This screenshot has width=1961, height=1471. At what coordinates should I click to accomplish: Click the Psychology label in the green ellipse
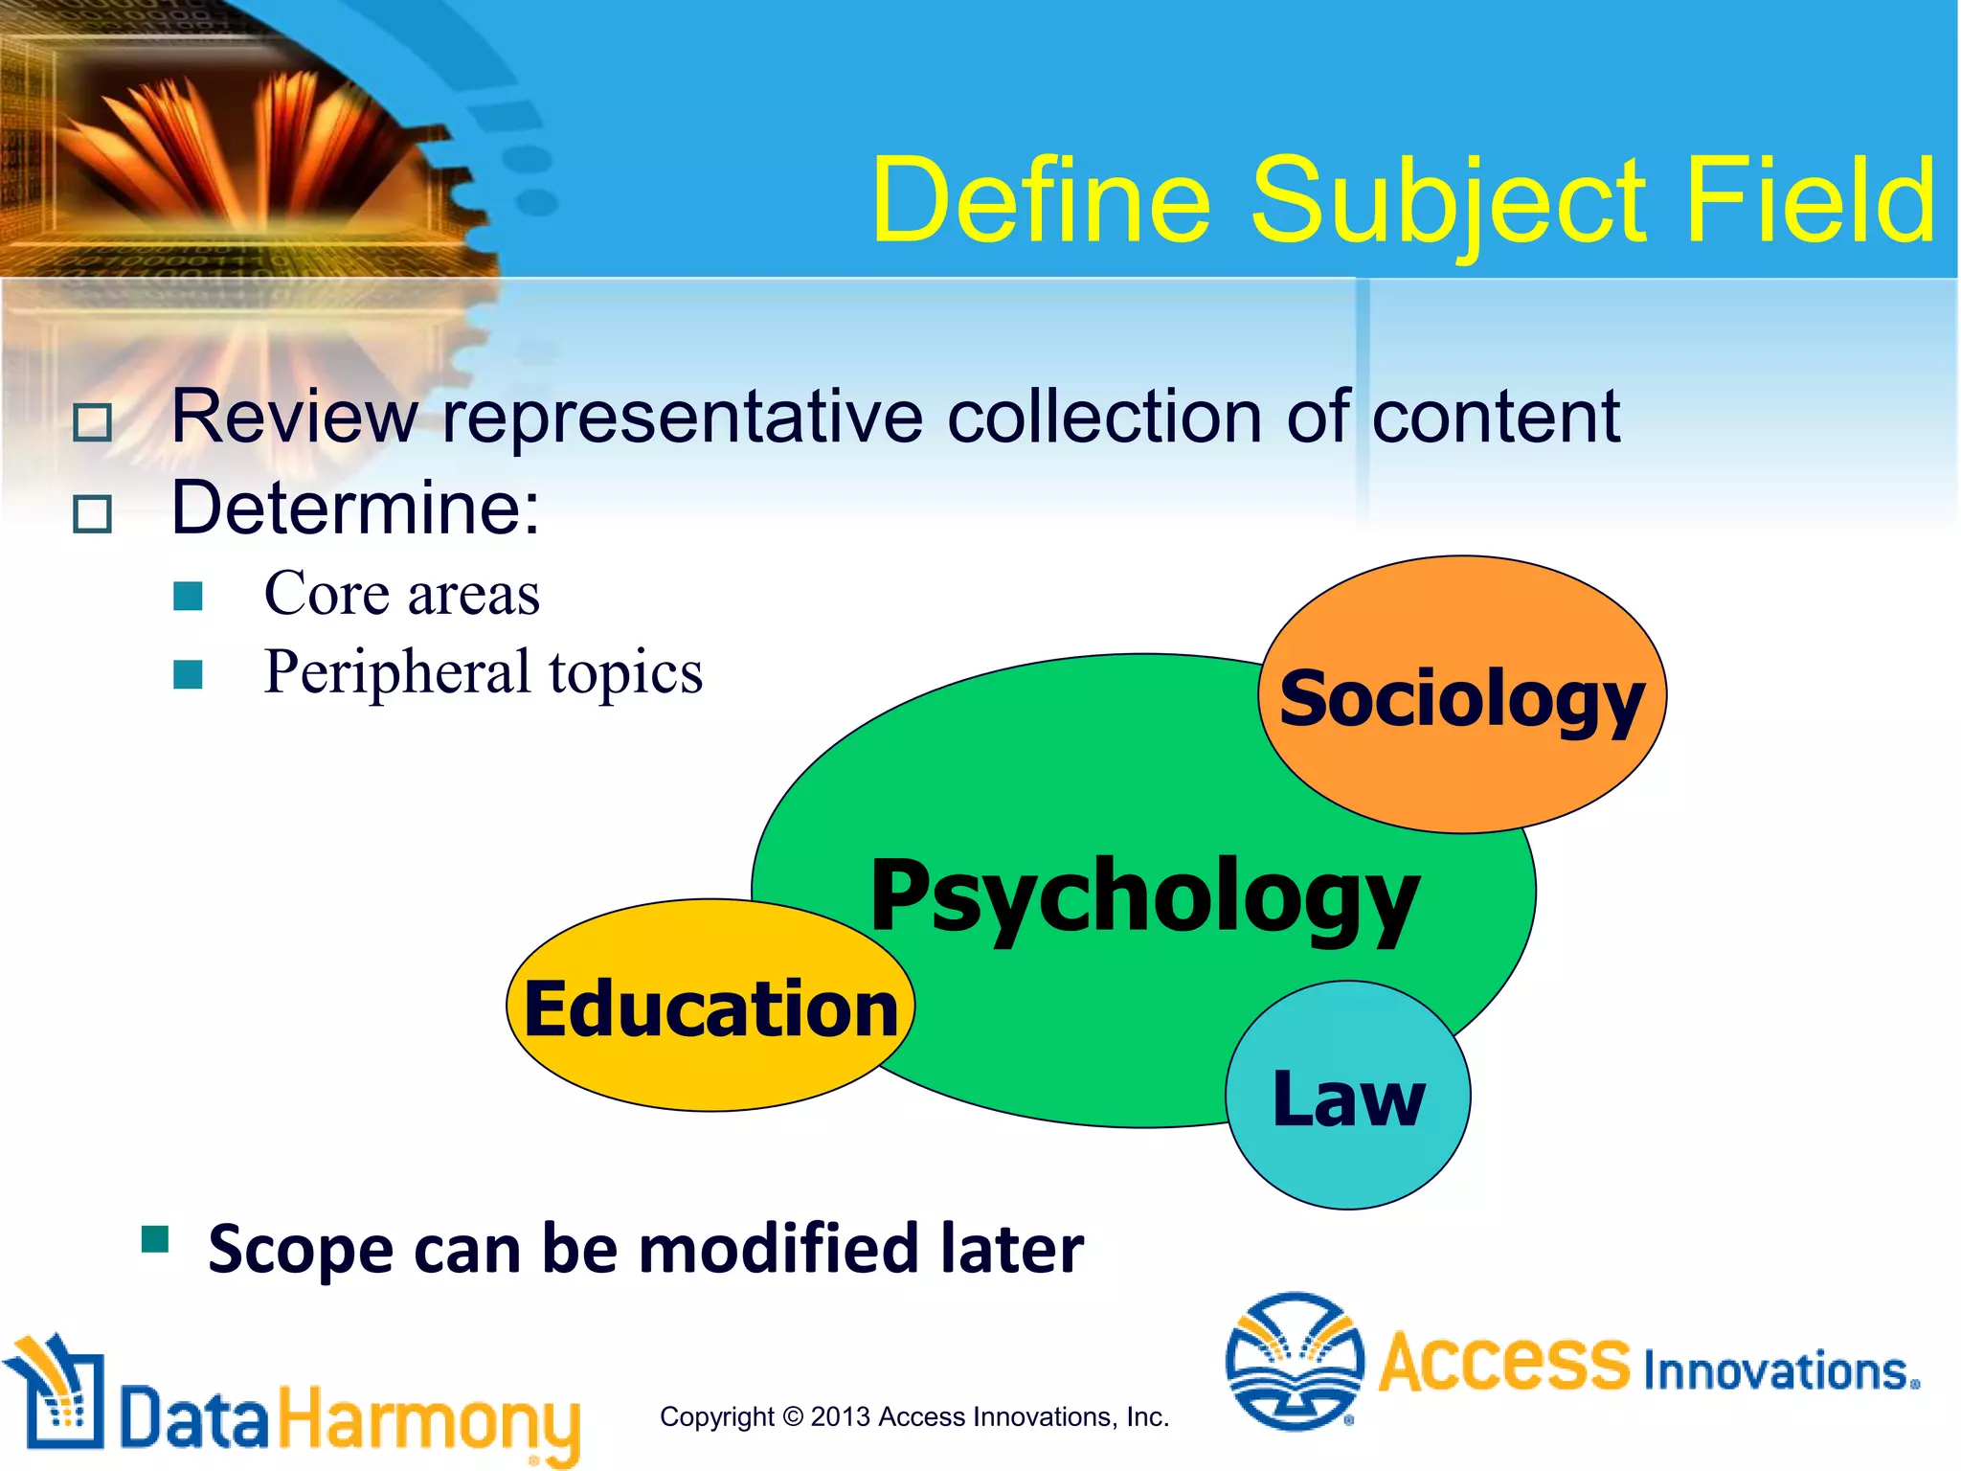(1144, 896)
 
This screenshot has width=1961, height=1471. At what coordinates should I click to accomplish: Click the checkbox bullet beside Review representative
(93, 422)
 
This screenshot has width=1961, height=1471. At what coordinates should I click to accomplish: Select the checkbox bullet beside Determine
(93, 514)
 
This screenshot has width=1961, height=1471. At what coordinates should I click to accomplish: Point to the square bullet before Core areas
(189, 597)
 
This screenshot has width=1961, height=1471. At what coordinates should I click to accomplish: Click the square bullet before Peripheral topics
(189, 674)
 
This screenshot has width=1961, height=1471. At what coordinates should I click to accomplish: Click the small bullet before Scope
(155, 1239)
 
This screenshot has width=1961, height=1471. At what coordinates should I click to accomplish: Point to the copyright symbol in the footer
(792, 1416)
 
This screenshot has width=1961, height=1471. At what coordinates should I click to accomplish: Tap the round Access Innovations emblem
(1295, 1361)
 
